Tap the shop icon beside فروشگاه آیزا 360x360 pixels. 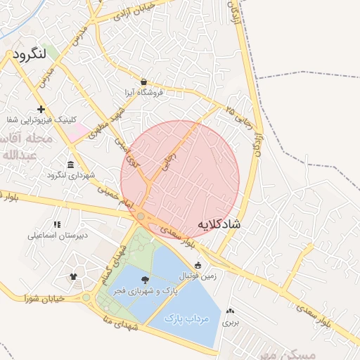[x=144, y=82]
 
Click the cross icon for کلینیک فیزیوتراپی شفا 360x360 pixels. [x=42, y=109]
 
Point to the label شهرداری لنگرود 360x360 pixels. [x=76, y=175]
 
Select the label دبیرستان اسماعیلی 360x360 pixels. [x=58, y=236]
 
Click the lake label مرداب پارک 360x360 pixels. [x=188, y=319]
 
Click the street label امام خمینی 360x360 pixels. [x=115, y=196]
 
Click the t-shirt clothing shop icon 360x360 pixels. [x=74, y=276]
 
